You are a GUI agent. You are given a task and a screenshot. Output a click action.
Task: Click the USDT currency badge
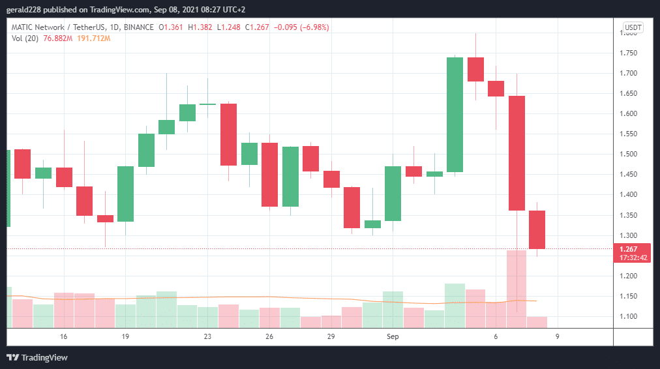[x=633, y=27]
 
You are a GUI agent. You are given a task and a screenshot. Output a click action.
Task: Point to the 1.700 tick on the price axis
[x=629, y=73]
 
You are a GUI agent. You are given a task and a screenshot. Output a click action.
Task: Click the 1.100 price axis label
[x=629, y=316]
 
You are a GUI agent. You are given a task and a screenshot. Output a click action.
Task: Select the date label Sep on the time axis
[x=393, y=336]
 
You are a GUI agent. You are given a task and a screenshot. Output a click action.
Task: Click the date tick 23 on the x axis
[x=207, y=336]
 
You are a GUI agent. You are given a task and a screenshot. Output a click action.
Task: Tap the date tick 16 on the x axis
[x=63, y=336]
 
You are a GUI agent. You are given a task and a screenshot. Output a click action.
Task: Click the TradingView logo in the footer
[x=37, y=357]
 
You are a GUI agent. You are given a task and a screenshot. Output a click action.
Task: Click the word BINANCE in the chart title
[x=138, y=27]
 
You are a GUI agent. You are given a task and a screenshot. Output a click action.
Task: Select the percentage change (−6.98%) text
[x=312, y=27]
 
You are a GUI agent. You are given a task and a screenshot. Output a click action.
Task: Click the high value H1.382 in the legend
[x=201, y=27]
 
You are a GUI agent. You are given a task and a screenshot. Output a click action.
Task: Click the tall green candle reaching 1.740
[x=455, y=115]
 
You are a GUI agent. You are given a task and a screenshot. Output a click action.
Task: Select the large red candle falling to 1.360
[x=517, y=153]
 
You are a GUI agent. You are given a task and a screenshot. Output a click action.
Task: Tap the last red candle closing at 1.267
[x=537, y=229]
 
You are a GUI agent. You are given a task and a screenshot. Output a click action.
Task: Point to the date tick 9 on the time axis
[x=557, y=336]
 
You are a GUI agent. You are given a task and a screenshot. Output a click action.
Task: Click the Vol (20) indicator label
[x=25, y=38]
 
